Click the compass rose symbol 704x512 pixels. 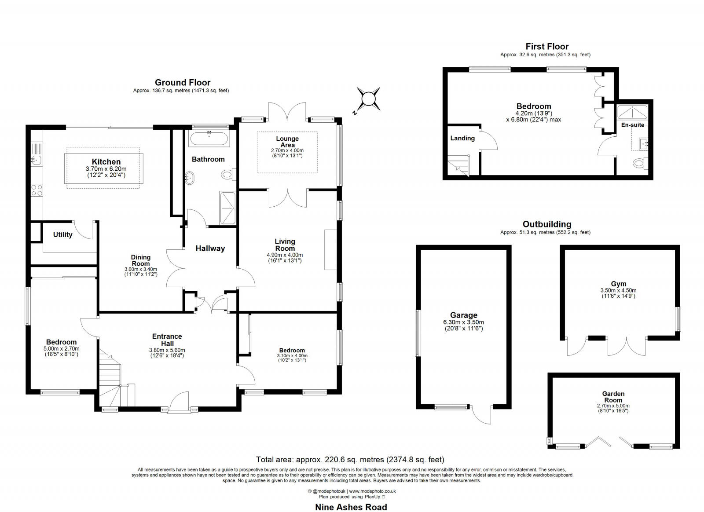(368, 99)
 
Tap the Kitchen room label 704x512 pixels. (106, 162)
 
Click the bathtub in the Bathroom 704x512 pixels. (208, 140)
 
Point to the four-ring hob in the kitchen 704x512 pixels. (37, 190)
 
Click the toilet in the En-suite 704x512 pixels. (639, 164)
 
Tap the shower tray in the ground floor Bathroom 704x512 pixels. (227, 208)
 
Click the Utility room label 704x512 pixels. (63, 235)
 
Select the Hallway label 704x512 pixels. (210, 249)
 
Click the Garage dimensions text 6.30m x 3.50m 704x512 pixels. (464, 322)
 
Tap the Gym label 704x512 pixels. (619, 284)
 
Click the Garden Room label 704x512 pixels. (613, 397)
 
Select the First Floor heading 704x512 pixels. (547, 47)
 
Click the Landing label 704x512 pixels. (462, 138)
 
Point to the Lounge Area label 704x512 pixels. (287, 142)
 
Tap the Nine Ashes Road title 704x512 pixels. (351, 507)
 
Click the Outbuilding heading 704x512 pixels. (547, 224)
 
